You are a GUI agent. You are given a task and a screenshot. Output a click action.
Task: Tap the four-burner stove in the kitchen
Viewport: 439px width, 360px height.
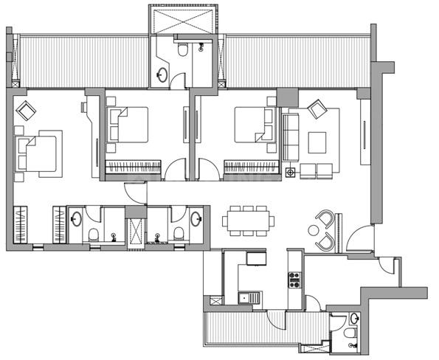coord(294,279)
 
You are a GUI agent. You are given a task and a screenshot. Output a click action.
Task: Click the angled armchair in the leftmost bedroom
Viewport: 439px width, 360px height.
coord(27,111)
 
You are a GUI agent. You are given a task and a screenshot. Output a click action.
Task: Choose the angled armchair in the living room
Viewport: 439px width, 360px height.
coord(318,109)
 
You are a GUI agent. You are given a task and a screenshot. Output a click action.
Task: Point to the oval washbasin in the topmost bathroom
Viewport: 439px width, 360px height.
coord(162,74)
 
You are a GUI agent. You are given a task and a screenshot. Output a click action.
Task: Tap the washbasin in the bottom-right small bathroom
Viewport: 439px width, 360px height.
coord(355,319)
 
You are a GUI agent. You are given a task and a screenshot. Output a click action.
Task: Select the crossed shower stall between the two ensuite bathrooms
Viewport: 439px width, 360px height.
coord(135,226)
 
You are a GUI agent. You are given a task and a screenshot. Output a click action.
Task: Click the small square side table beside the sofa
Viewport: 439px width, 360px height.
coord(290,173)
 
